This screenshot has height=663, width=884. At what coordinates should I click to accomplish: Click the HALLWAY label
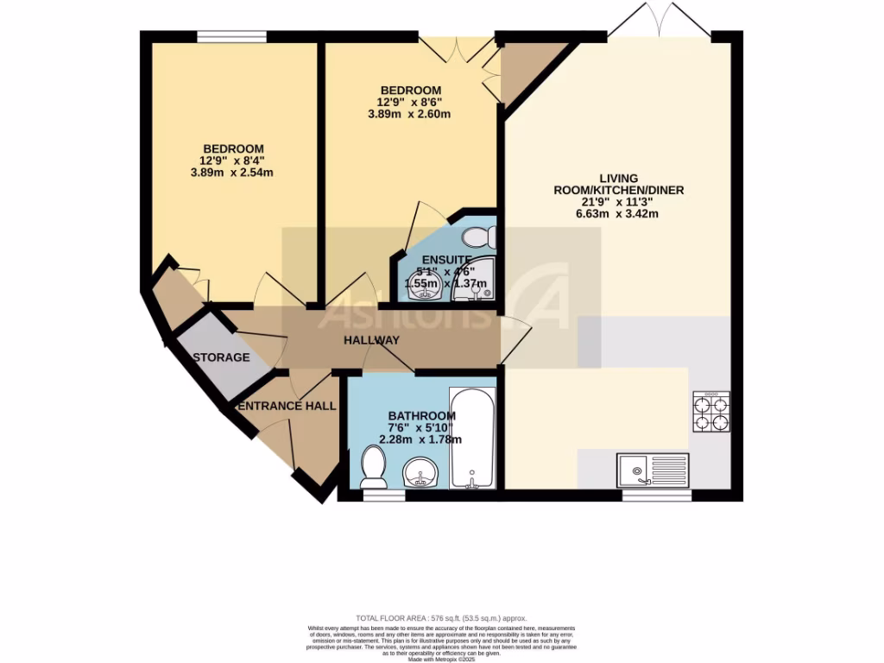pos(371,340)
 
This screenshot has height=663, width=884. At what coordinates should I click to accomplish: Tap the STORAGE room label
pos(221,357)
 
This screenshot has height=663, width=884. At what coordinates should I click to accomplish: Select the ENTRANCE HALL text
pos(287,406)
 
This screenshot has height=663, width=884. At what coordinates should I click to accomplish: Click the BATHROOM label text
pos(421,415)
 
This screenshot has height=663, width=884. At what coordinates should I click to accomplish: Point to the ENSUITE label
pos(446,259)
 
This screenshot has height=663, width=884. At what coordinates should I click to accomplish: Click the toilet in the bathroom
pos(374,465)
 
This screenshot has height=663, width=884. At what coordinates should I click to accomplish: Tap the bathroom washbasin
pos(423,471)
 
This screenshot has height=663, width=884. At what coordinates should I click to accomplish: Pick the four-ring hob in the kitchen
pos(711,413)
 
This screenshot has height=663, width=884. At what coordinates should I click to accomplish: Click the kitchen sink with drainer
pos(653,470)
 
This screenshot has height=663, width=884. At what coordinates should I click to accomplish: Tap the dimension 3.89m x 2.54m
pos(233,173)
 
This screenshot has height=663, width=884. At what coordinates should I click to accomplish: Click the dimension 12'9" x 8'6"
pos(411,102)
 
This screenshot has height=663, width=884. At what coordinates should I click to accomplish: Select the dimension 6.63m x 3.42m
pos(620,213)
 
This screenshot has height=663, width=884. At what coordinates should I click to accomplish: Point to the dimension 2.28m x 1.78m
pos(421,439)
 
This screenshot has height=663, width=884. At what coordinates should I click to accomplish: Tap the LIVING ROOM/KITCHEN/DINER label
pos(620,183)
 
